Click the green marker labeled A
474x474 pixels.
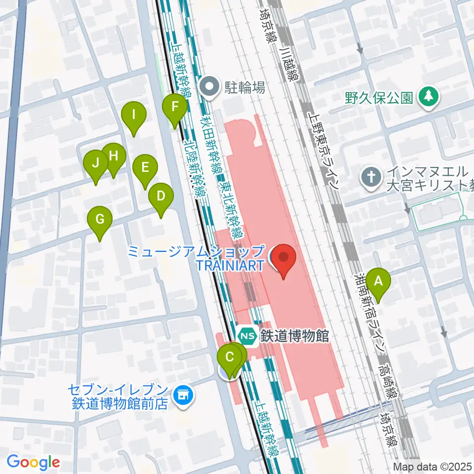[x=379, y=283]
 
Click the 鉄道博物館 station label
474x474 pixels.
[x=295, y=336]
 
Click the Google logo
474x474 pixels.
[x=34, y=463]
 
